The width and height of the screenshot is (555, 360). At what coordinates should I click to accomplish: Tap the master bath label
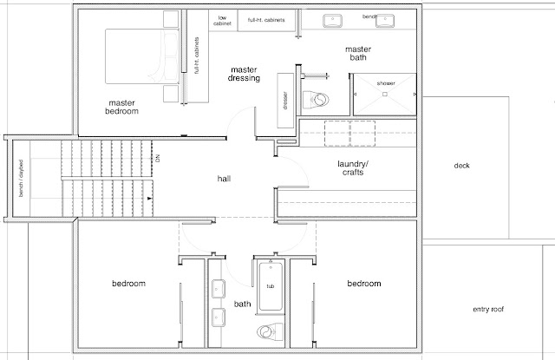point(357,55)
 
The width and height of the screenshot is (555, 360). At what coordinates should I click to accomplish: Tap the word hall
point(225,179)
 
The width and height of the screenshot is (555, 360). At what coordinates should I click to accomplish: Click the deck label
point(461,166)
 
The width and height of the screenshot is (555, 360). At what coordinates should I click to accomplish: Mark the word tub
point(271,285)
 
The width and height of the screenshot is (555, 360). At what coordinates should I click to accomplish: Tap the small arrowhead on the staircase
point(150,199)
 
